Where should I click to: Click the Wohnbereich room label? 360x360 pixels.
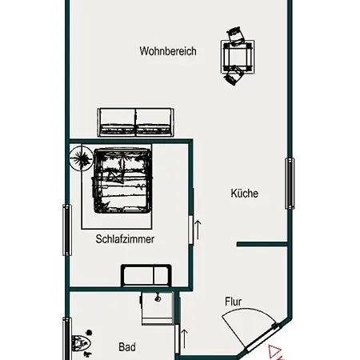[168, 51]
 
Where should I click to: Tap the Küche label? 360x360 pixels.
[245, 193]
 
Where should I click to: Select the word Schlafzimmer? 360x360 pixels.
[125, 238]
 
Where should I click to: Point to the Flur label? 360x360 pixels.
[233, 302]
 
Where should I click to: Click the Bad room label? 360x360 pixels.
[126, 347]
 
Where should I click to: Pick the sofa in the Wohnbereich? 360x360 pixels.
[135, 121]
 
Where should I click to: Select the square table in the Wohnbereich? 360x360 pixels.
[238, 56]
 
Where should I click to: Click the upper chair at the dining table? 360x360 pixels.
[234, 35]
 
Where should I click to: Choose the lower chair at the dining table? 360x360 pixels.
[234, 76]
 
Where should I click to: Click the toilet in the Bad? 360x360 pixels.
[81, 344]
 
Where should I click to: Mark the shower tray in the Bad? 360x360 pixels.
[156, 307]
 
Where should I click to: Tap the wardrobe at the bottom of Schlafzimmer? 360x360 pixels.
[145, 275]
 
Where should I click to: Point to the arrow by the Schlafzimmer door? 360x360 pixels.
[198, 227]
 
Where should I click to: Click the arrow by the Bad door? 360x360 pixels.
[185, 336]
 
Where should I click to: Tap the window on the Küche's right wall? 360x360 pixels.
[290, 184]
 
